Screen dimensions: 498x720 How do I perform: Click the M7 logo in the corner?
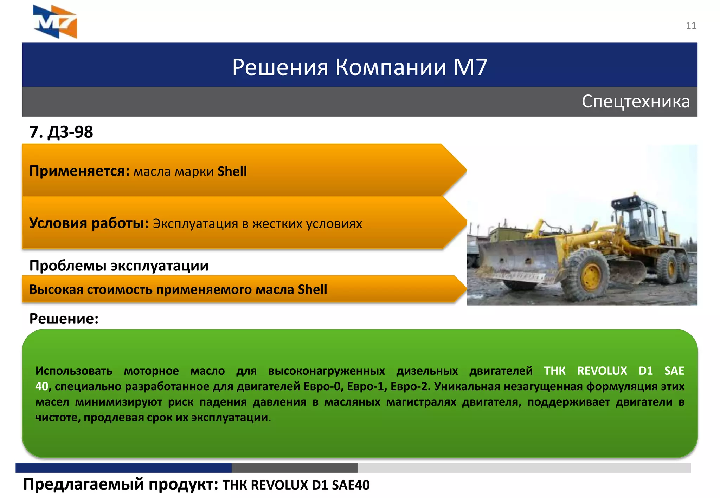(55, 22)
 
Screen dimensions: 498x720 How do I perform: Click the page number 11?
(691, 26)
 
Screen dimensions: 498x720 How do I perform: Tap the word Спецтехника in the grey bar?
(636, 101)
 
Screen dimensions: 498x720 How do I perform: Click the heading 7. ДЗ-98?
(61, 132)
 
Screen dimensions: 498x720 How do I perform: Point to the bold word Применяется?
(79, 171)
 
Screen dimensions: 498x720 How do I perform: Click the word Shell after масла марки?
(232, 171)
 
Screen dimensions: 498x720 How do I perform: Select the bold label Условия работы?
(89, 223)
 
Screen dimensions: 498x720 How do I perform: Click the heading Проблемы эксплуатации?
(119, 266)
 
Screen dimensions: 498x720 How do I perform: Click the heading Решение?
(64, 319)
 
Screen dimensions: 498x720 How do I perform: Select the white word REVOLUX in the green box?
(602, 371)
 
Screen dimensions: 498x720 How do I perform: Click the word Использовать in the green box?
(74, 371)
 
